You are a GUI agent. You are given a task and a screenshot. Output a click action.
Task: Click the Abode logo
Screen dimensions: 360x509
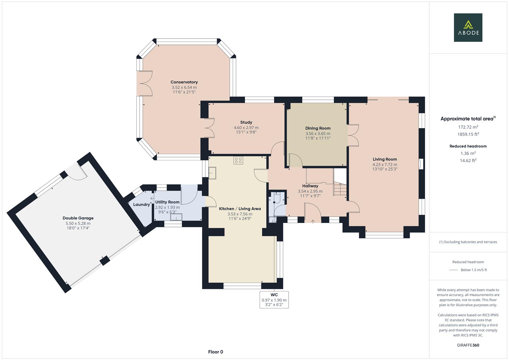468,27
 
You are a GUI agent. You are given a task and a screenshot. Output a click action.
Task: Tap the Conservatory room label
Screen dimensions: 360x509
184,82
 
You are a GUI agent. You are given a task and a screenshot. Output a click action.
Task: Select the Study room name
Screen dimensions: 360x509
246,122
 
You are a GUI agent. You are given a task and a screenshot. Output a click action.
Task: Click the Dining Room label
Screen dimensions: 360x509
318,128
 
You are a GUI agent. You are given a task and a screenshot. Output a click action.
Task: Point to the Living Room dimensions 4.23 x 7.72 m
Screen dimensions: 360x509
385,164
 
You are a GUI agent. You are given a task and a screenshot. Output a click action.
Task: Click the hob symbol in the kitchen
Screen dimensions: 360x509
238,160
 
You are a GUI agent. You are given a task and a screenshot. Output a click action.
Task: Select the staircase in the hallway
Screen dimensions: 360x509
340,190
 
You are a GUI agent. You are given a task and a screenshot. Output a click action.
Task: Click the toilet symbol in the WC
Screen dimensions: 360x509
276,200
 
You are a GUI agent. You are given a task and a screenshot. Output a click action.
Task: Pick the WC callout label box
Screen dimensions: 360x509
274,300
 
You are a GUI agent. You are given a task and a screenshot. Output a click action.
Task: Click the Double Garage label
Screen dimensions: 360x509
78,218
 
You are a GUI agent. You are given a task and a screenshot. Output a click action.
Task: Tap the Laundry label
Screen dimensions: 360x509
141,205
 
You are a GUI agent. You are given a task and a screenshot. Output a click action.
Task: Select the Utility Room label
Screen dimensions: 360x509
167,202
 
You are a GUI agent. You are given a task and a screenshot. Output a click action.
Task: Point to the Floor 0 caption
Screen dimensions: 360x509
215,352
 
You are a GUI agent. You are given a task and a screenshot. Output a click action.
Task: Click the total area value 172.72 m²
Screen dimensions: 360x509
468,127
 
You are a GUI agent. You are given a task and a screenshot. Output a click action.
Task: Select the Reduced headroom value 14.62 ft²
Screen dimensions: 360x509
468,160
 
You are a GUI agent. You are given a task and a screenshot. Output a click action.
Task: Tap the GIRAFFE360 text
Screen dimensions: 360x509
468,345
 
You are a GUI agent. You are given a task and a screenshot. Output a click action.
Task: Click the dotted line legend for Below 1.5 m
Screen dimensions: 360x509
454,270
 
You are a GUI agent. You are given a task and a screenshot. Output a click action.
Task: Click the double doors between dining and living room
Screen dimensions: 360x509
353,135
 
